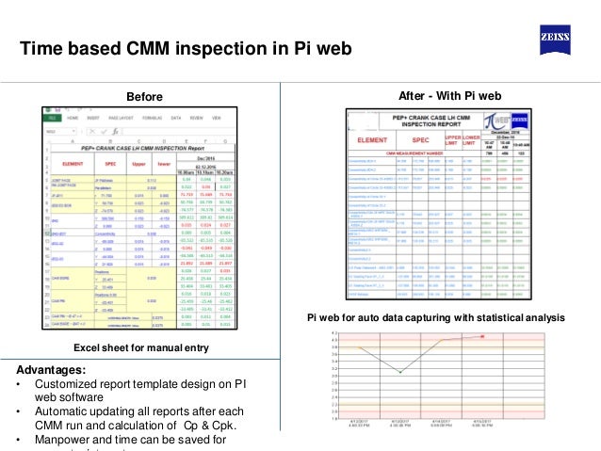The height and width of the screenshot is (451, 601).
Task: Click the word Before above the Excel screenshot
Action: tap(144, 97)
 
